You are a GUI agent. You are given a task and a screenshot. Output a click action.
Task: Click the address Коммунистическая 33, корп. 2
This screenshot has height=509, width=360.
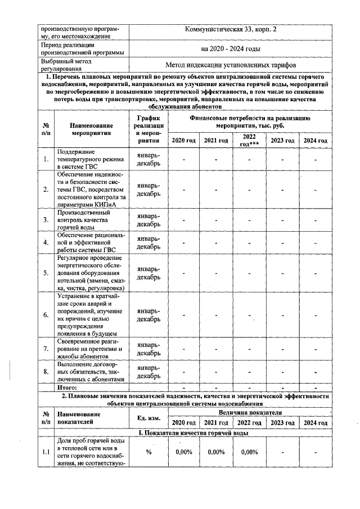point(231,29)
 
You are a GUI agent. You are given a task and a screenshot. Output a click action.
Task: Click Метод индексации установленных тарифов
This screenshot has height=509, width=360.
point(231,65)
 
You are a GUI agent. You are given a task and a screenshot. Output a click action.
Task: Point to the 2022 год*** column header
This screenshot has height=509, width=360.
point(249,139)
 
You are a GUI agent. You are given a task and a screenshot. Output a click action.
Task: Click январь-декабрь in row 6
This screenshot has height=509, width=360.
point(148,314)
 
